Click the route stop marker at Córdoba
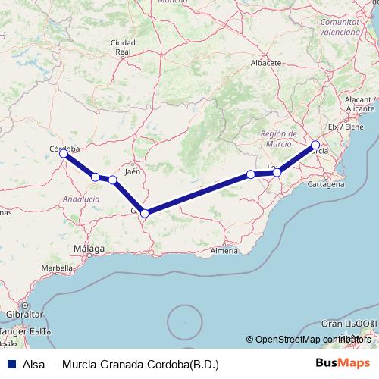64,153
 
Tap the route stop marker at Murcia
315,145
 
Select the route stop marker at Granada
144,213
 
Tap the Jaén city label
133,172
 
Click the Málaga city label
89,249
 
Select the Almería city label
224,250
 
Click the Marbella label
57,268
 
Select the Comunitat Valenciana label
339,29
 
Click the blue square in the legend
11,364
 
